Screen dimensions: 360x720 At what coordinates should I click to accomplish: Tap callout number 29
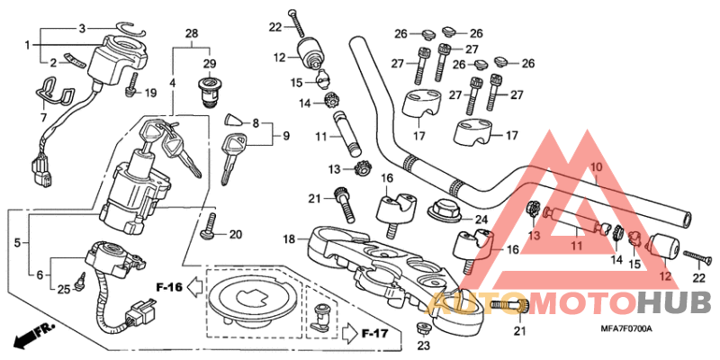(x=209, y=64)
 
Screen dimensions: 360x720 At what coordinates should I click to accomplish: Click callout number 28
(x=191, y=33)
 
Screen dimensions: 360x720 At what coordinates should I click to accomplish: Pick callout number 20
(x=236, y=235)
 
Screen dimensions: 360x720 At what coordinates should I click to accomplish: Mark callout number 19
(x=150, y=93)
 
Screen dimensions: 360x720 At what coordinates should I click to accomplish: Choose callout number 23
(x=424, y=345)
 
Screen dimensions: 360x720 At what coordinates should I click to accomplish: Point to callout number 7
(x=43, y=118)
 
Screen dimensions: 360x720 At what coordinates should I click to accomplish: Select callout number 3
(x=81, y=29)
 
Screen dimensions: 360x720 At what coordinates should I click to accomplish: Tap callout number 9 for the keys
(x=286, y=136)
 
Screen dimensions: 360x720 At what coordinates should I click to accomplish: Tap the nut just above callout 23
(x=422, y=326)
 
